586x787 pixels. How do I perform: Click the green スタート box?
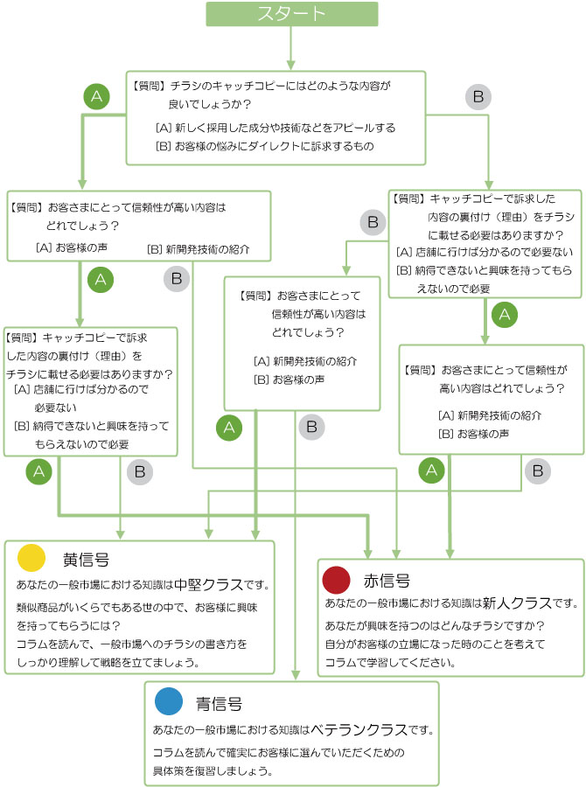[292, 14]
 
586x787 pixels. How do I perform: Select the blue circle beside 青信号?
[168, 702]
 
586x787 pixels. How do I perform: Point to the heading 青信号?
[219, 703]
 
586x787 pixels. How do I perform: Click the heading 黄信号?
[86, 558]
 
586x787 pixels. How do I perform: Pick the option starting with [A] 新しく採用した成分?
[275, 128]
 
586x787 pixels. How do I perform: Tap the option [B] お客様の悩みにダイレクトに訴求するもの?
[264, 146]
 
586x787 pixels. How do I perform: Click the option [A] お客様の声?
[72, 248]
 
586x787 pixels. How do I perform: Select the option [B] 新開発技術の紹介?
[198, 249]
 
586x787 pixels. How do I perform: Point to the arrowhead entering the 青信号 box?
[293, 675]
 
